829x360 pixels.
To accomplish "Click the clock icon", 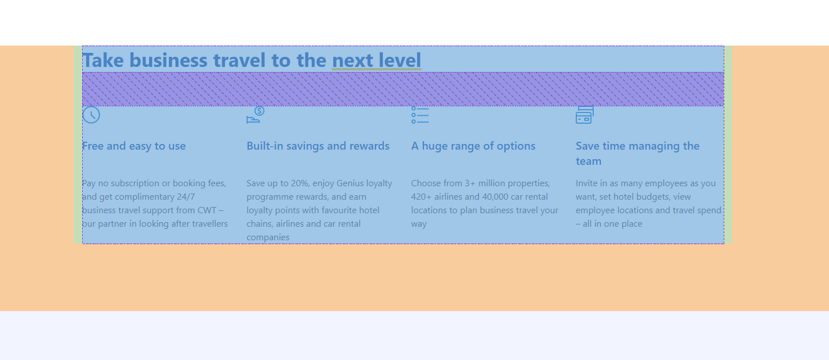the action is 91,115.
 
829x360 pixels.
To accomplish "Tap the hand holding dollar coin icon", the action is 256,115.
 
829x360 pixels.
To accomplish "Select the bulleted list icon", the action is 420,115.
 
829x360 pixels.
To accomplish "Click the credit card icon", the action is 585,115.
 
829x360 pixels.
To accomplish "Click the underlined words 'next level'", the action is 377,60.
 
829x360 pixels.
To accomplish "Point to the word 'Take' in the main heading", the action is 103,60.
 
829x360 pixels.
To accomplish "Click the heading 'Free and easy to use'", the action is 134,146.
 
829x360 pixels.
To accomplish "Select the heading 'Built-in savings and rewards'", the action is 318,146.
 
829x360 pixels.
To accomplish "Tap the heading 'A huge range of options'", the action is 473,146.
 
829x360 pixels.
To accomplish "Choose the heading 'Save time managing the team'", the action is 637,153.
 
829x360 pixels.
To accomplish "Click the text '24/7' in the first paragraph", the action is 186,196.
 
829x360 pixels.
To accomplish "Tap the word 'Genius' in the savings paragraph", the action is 350,183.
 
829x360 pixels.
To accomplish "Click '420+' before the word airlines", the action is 421,196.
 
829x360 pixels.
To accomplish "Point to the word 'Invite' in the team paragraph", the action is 585,183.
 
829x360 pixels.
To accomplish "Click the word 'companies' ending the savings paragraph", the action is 268,237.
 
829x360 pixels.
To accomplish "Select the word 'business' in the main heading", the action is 168,60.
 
